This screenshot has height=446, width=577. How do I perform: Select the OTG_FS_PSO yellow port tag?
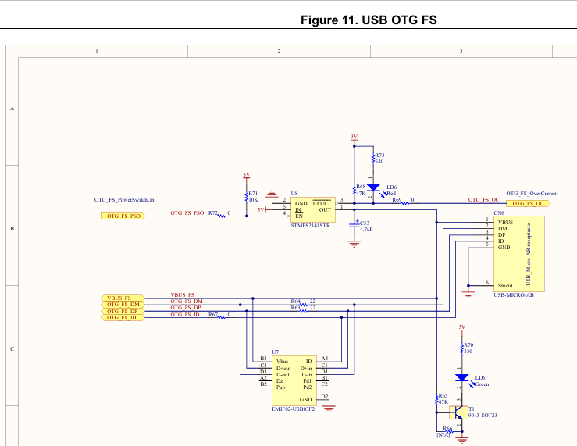point(123,216)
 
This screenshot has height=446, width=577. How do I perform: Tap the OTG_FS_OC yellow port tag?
point(528,203)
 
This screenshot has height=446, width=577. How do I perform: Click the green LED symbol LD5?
point(462,378)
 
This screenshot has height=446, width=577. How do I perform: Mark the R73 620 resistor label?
point(379,158)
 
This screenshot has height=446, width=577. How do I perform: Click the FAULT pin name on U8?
point(322,203)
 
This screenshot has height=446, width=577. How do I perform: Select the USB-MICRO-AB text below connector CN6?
point(513,295)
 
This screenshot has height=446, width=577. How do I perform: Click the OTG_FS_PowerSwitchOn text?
point(124,200)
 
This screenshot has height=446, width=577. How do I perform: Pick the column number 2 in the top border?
point(279,51)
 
